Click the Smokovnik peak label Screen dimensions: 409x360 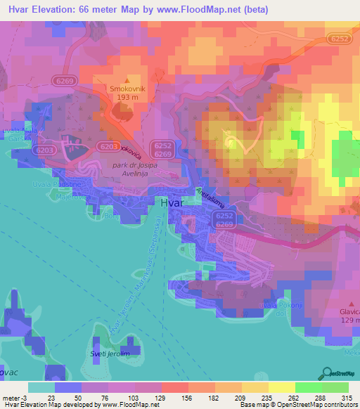pos(127,89)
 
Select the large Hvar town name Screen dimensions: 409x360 pos(174,202)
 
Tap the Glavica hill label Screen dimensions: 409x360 pos(349,312)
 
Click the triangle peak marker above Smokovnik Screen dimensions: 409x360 pos(127,80)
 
